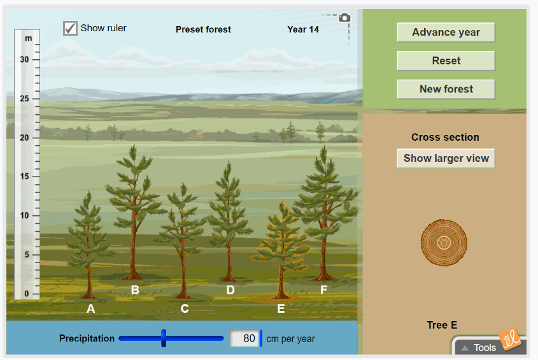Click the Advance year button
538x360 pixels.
pos(446,32)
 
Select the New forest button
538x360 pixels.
pos(446,89)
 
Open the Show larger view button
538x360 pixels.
pos(446,159)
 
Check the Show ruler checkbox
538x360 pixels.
pos(71,28)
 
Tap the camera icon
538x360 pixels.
pos(344,18)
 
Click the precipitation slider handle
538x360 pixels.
pos(164,338)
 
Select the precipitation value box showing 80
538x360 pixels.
pos(244,338)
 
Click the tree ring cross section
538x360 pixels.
pos(444,243)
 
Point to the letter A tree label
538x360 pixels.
pos(90,309)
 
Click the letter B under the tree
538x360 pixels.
pos(135,290)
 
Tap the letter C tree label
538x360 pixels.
pos(185,309)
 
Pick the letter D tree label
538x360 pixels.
pos(230,290)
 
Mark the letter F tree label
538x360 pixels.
pos(323,290)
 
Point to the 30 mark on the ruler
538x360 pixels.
pos(25,59)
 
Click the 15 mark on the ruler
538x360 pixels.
pos(25,176)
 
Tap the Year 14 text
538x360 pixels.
pos(303,29)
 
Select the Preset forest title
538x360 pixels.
pos(203,29)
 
